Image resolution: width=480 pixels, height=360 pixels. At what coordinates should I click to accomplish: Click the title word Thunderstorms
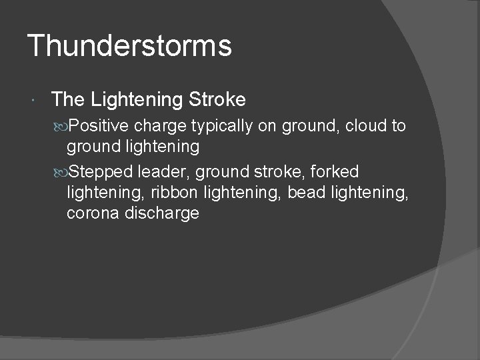(129, 46)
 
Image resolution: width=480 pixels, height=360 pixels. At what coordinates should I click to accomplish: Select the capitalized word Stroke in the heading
(217, 100)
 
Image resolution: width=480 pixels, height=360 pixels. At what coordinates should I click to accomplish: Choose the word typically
(222, 127)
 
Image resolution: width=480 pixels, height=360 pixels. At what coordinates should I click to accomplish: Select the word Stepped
(101, 172)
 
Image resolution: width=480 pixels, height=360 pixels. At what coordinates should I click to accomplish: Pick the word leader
(164, 172)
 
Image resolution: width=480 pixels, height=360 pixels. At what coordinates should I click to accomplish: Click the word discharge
(163, 213)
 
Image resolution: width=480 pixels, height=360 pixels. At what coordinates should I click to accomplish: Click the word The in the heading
(67, 100)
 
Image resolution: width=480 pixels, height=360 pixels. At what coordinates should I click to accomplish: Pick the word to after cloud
(398, 126)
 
